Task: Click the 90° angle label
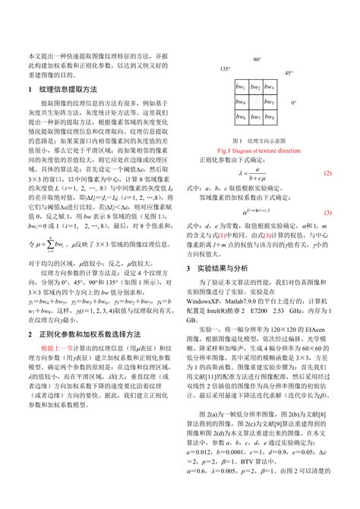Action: pos(257,59)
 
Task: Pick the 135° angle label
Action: pos(225,69)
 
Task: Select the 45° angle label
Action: pos(289,73)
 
